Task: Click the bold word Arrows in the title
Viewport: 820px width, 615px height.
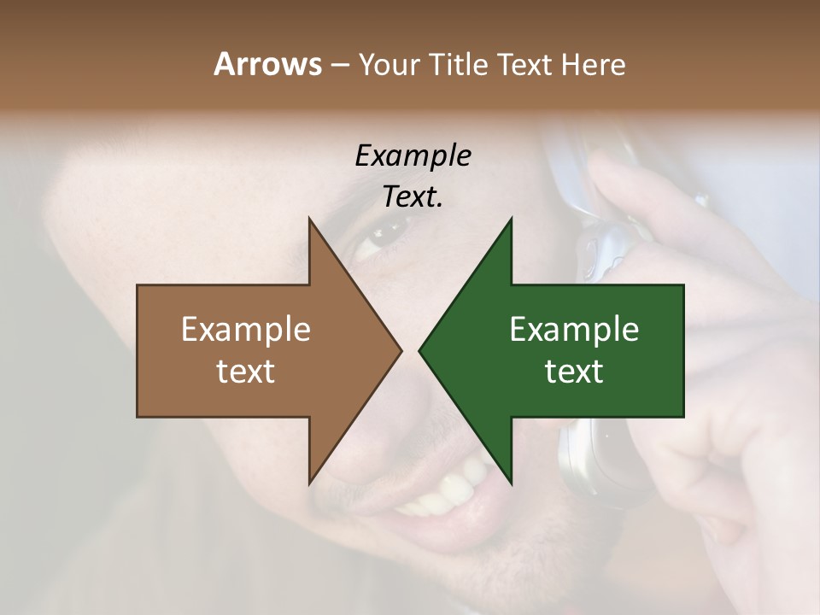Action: click(266, 64)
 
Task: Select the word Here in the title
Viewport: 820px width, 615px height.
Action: click(593, 64)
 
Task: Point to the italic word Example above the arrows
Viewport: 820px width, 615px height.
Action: click(413, 155)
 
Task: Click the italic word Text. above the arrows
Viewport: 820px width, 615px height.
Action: click(413, 196)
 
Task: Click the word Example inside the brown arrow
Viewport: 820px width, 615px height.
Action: click(245, 330)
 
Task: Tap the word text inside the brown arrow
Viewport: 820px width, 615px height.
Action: click(245, 371)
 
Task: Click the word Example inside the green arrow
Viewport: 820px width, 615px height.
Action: click(574, 330)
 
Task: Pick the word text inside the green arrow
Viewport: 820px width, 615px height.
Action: click(574, 371)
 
